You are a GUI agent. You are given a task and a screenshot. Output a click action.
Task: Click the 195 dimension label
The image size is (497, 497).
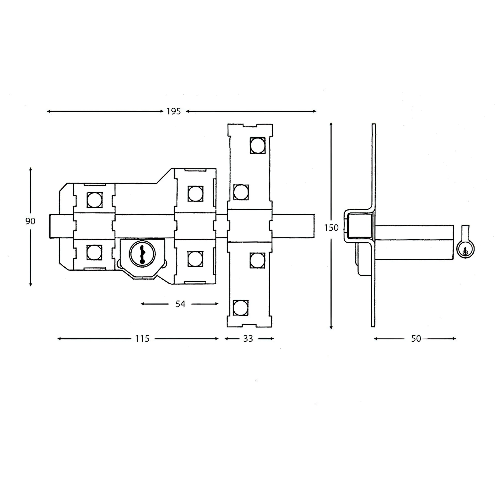(x=174, y=111)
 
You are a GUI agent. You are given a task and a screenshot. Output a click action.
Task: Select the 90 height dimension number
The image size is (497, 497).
(x=30, y=221)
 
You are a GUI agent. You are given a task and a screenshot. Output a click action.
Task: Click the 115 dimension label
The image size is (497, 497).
(x=142, y=339)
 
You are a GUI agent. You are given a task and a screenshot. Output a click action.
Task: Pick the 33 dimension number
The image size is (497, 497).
(x=248, y=339)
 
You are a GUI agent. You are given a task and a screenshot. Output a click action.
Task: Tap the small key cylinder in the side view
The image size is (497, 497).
(x=465, y=249)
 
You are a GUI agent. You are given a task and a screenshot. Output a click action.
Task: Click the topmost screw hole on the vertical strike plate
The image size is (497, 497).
(x=258, y=145)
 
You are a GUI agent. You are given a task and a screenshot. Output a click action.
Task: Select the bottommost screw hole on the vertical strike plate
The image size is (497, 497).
(x=240, y=308)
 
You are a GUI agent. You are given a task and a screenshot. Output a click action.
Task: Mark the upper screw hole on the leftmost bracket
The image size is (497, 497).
(x=94, y=200)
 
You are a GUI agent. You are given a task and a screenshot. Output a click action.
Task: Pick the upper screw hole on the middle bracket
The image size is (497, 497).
(x=196, y=194)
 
